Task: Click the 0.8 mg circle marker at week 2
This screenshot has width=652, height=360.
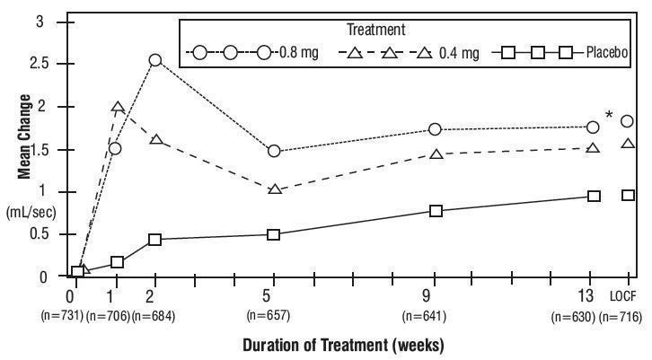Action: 155,60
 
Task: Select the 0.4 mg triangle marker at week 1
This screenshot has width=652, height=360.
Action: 117,108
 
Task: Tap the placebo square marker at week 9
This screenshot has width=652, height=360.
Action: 436,211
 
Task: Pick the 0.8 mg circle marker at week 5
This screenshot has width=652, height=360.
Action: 274,151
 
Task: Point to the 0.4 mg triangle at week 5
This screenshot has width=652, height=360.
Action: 274,189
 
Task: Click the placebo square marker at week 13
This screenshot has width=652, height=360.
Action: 594,196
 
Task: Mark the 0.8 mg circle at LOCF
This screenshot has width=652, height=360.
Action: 628,121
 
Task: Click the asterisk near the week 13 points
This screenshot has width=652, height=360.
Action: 610,115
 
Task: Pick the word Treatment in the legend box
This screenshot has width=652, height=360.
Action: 410,30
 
